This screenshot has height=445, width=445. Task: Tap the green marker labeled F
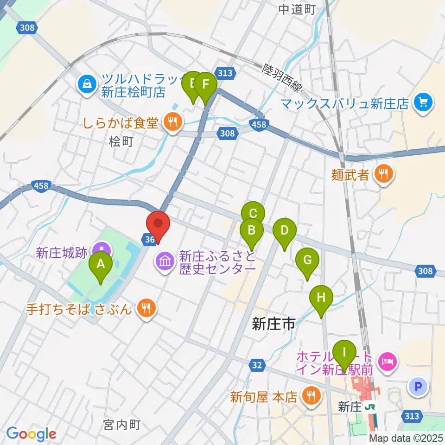(x=205, y=85)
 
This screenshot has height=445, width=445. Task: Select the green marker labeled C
(x=253, y=214)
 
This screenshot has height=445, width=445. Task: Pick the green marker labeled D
(x=285, y=230)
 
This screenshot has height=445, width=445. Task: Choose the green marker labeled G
(x=307, y=260)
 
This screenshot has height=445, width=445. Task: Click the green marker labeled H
(x=321, y=297)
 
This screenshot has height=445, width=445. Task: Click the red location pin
(x=158, y=223)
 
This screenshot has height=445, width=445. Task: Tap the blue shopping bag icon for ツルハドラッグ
(x=87, y=84)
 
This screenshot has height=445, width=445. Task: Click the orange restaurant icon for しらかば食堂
(x=173, y=123)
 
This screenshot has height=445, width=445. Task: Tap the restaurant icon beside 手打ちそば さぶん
(x=146, y=308)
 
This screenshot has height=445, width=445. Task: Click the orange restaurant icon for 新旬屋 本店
(x=309, y=396)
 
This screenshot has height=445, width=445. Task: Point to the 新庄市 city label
(x=273, y=324)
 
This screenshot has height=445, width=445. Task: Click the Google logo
(x=31, y=433)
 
